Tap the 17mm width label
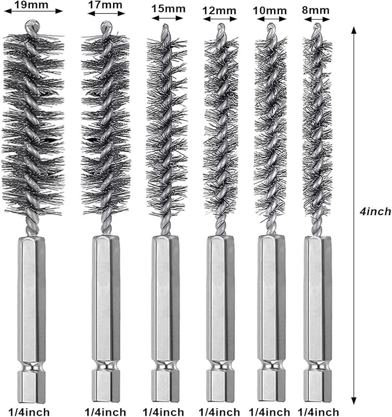click(106, 5)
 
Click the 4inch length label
click(375, 211)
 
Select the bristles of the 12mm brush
click(220, 125)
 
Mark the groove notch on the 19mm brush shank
click(31, 367)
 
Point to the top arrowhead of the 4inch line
click(354, 30)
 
